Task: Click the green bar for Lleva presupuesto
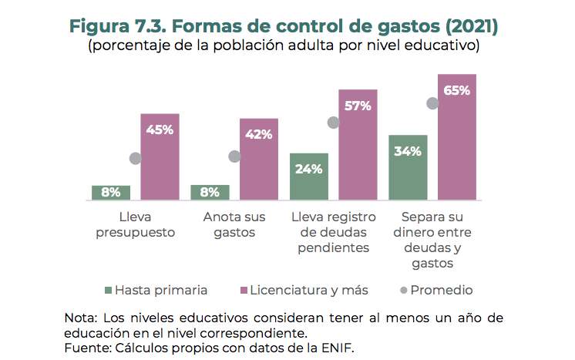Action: tap(111, 193)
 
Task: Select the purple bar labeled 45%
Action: tap(160, 157)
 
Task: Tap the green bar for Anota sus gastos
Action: tap(210, 193)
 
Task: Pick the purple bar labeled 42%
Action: tap(259, 160)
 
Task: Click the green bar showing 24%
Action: tap(309, 177)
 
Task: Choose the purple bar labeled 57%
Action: tap(358, 145)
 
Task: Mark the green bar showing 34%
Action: tap(408, 168)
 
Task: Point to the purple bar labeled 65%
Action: tap(457, 137)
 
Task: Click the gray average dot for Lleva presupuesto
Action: tap(136, 158)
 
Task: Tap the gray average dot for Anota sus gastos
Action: tap(234, 156)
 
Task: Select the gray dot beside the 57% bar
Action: tap(333, 123)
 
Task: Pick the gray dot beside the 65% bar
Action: tap(432, 103)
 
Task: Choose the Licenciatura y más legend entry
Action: tap(304, 291)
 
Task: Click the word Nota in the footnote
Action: tap(80, 318)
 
